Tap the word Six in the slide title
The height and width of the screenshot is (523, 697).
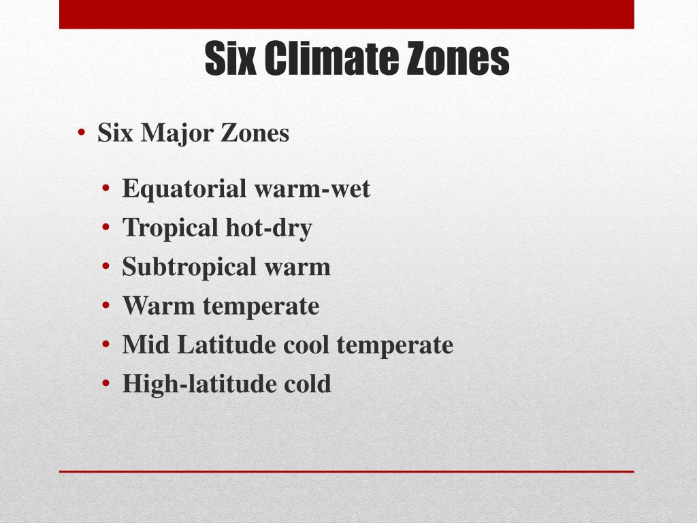click(x=230, y=59)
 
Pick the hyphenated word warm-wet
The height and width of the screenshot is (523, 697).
click(x=312, y=189)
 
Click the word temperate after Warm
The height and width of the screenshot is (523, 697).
click(x=261, y=306)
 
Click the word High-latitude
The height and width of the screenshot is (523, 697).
click(x=199, y=384)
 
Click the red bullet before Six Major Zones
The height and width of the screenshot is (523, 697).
click(x=81, y=133)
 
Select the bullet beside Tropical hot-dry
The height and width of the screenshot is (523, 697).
click(x=106, y=227)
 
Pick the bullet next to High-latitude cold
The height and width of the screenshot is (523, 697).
click(x=106, y=383)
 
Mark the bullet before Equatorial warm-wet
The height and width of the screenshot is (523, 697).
click(x=106, y=188)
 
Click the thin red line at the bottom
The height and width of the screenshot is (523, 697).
click(x=346, y=471)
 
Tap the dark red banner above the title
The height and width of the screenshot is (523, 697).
click(x=346, y=14)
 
